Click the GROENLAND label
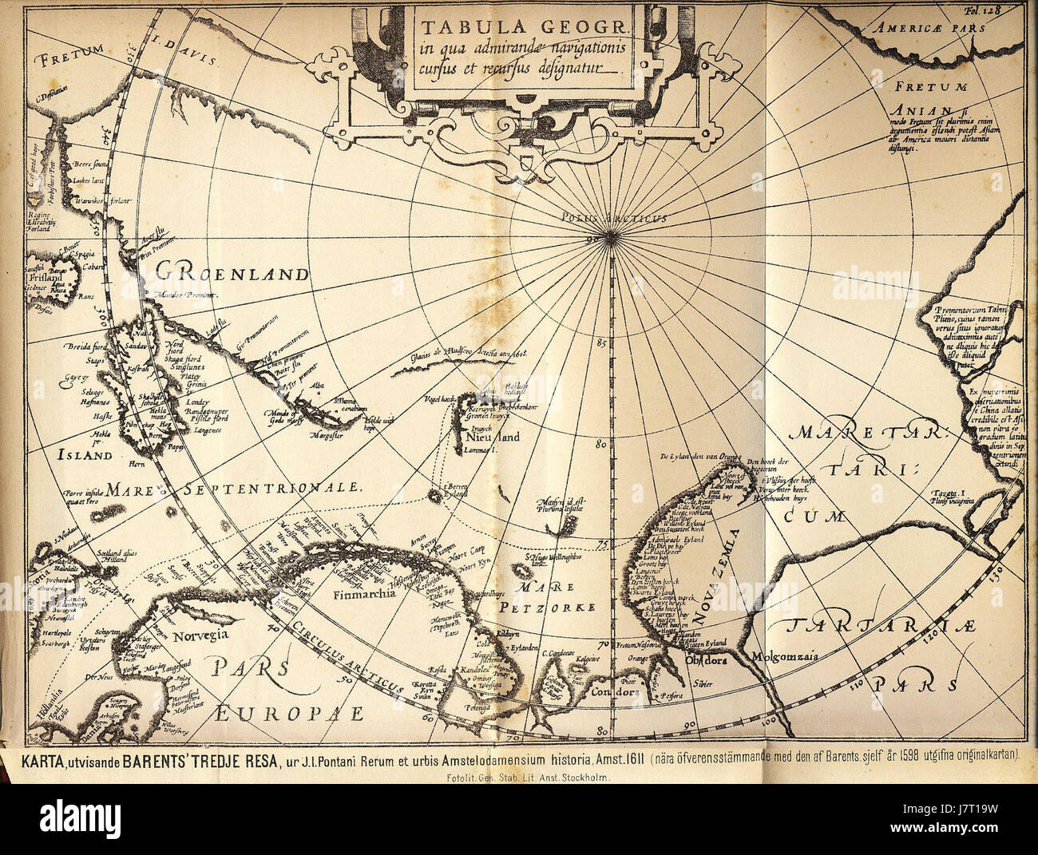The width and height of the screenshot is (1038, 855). coord(232,273)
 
